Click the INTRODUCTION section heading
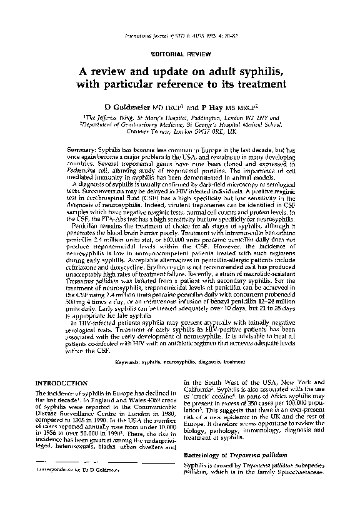pos(61,382)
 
